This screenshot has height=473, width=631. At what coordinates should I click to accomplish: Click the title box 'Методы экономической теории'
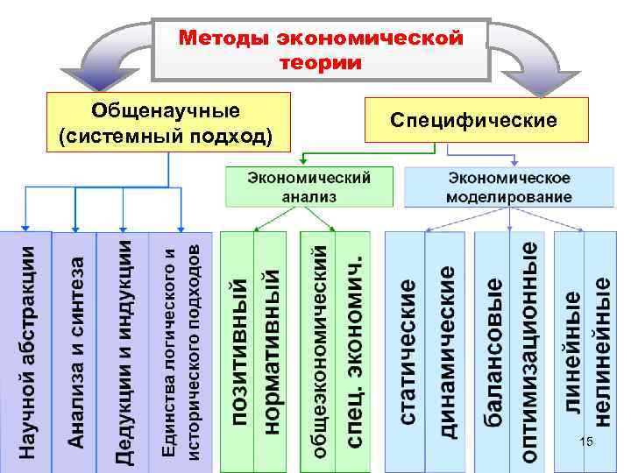click(x=320, y=49)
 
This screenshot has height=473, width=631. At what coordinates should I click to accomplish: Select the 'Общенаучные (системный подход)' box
click(x=167, y=124)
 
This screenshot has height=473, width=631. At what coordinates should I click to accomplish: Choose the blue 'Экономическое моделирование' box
click(x=509, y=187)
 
